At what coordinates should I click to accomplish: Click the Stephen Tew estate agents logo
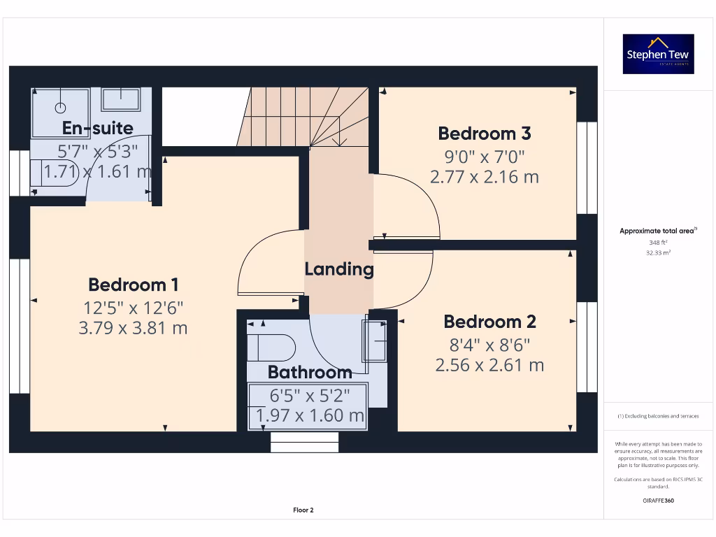658,54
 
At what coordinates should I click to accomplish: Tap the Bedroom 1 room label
134,285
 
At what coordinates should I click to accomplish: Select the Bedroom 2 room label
489,322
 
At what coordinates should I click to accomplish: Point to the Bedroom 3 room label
485,133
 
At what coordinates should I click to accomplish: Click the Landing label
339,269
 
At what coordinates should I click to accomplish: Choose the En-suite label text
98,128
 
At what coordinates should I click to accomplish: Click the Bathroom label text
310,372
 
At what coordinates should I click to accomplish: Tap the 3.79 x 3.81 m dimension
134,327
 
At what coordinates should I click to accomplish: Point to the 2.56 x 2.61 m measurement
489,364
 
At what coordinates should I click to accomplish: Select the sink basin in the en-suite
120,99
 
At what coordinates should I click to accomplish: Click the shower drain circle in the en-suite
60,108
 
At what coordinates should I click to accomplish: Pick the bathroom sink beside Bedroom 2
374,340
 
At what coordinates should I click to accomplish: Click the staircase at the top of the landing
308,117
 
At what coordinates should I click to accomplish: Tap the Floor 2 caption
303,510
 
